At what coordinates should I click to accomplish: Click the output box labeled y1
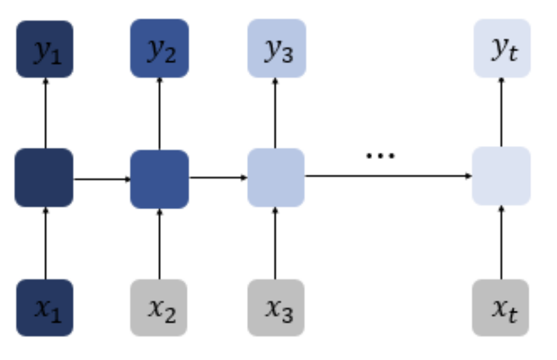click(45, 49)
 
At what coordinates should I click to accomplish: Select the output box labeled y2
click(159, 48)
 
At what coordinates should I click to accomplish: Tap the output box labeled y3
click(276, 48)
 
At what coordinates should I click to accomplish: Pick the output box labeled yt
click(502, 48)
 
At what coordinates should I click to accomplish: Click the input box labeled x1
click(45, 308)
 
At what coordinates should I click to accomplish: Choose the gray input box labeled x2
click(159, 308)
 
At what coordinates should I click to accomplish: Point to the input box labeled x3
click(276, 308)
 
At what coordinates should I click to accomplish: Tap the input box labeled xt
click(502, 308)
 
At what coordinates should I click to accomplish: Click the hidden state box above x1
click(44, 178)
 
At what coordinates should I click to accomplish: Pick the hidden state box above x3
click(276, 178)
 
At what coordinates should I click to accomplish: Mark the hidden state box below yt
click(502, 176)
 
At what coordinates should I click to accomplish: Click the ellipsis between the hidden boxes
click(380, 156)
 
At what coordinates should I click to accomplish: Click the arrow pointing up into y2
click(159, 113)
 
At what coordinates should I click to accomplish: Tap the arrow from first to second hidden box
click(101, 178)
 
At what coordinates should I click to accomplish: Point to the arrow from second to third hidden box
click(218, 178)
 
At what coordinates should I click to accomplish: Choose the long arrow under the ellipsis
click(388, 176)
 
